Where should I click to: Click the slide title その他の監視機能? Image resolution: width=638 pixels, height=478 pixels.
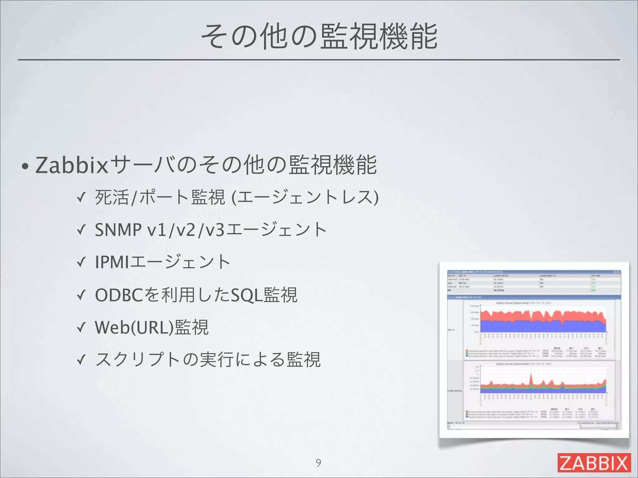[319, 37]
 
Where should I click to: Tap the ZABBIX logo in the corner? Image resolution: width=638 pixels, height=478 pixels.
[594, 462]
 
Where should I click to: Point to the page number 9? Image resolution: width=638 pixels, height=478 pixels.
[318, 463]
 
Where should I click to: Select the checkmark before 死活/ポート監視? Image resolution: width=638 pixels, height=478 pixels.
[81, 198]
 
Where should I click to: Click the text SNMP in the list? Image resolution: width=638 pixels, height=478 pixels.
[118, 230]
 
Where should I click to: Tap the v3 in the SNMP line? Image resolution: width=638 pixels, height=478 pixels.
[215, 230]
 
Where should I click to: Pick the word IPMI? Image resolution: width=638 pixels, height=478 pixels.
[112, 262]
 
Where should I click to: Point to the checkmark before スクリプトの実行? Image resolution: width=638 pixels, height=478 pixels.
[81, 360]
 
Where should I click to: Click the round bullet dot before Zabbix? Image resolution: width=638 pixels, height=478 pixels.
[25, 167]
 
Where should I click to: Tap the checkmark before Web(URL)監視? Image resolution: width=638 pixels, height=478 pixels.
[81, 328]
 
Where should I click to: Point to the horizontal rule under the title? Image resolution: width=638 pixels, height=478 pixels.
[318, 59]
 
